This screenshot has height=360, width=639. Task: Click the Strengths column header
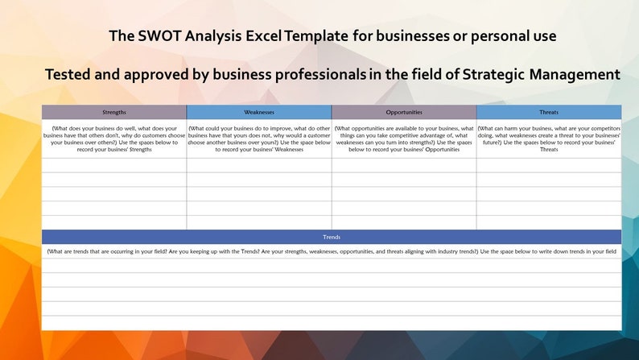pyautogui.click(x=114, y=112)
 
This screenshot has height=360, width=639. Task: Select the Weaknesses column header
pyautogui.click(x=259, y=112)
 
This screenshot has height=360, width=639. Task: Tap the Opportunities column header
pyautogui.click(x=404, y=112)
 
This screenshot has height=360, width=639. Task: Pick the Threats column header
pyautogui.click(x=549, y=112)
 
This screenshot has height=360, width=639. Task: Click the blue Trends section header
pyautogui.click(x=332, y=237)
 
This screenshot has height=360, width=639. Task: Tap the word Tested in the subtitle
pyautogui.click(x=70, y=74)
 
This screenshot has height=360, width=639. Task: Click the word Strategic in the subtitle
pyautogui.click(x=490, y=74)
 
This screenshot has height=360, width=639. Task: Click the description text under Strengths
pyautogui.click(x=114, y=139)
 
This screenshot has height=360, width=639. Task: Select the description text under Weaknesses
pyautogui.click(x=259, y=139)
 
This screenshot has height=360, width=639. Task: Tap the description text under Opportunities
pyautogui.click(x=404, y=139)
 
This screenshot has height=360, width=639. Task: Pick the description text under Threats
pyautogui.click(x=549, y=139)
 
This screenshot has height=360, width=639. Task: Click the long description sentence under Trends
pyautogui.click(x=332, y=251)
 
